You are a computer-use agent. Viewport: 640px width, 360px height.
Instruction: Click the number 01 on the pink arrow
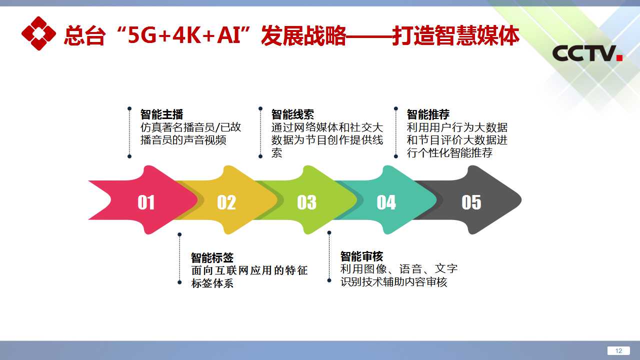point(146,202)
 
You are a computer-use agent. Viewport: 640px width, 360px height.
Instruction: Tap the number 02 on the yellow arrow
point(226,202)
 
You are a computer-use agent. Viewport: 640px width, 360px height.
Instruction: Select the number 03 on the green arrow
point(306,202)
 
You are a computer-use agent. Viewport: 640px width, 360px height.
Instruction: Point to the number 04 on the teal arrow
point(386,202)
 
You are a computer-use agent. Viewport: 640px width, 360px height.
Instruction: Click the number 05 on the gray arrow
point(471,202)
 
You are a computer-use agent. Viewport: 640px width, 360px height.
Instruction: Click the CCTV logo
point(587,53)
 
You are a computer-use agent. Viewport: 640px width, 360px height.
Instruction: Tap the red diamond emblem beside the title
point(38,33)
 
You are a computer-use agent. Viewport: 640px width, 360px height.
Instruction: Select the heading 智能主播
point(161,114)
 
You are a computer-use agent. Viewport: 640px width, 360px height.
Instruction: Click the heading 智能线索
point(292,114)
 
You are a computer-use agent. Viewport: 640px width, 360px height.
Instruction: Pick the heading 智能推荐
point(428,114)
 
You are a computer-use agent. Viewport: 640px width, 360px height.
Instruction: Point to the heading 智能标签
point(212,257)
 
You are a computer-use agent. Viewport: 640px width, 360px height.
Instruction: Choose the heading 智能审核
point(361,256)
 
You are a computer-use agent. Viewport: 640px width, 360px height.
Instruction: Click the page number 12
point(618,351)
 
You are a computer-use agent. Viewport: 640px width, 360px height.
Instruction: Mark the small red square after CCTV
point(619,57)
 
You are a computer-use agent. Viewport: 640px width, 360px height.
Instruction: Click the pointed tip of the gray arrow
point(521,200)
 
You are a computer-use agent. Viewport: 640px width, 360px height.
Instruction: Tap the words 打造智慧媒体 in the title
point(455,35)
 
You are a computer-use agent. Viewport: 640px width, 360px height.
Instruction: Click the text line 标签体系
point(212,283)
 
